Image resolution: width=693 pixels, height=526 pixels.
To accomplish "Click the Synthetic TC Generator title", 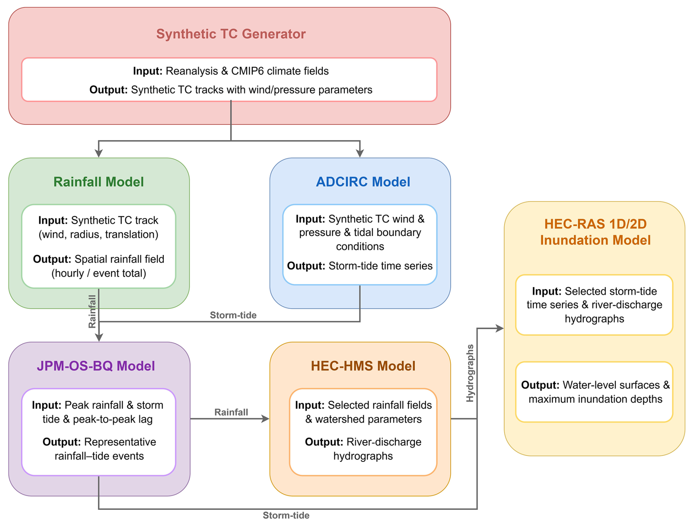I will click(x=231, y=34).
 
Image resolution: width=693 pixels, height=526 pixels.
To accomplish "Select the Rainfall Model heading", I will click(x=99, y=182).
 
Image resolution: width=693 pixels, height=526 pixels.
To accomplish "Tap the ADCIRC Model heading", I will click(x=363, y=182).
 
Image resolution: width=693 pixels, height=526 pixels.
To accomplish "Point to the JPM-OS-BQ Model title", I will click(x=96, y=366).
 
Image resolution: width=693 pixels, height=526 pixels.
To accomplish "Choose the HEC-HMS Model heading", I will click(x=363, y=366).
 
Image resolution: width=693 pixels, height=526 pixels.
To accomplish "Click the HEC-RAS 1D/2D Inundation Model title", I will click(x=595, y=232).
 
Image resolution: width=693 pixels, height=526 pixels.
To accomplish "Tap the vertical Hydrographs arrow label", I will click(x=470, y=373).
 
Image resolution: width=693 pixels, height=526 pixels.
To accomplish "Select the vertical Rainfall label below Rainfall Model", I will click(x=92, y=312).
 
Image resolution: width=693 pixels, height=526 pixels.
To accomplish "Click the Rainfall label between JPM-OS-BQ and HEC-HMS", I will click(x=231, y=412).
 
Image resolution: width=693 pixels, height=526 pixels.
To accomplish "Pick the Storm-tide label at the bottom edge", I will click(x=286, y=516).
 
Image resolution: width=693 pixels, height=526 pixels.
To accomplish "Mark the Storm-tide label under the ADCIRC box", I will click(x=233, y=315).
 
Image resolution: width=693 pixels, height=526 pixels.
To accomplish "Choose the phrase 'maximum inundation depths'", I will click(x=595, y=399).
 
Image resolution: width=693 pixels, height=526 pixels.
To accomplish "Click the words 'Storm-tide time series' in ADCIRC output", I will click(x=380, y=266).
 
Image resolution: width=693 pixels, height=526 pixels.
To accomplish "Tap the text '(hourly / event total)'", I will click(x=99, y=273).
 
